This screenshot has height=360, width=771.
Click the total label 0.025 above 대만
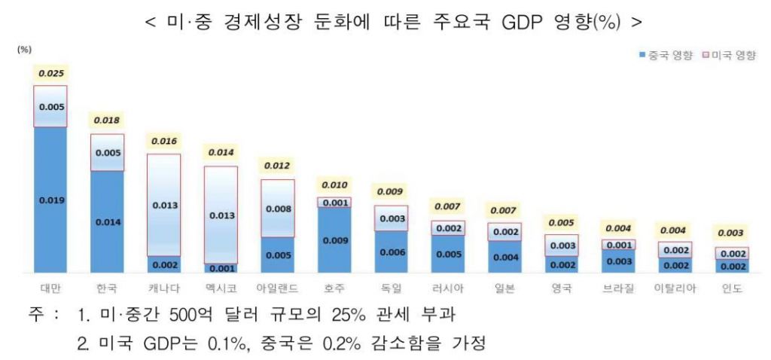[51, 73]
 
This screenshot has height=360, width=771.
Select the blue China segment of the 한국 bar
[107, 221]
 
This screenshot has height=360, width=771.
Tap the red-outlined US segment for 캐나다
[163, 205]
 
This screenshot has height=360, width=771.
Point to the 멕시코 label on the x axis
[220, 288]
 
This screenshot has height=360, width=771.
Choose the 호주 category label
[334, 288]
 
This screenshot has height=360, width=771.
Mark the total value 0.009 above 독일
[390, 191]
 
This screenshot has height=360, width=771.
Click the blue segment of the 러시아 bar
[448, 254]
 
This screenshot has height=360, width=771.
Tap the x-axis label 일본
[504, 288]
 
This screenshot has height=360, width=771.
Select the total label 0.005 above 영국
[561, 223]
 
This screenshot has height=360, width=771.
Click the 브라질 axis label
[618, 288]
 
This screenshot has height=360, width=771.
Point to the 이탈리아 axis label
[674, 288]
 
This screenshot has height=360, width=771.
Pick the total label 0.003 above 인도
[730, 233]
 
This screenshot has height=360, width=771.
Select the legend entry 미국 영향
[729, 56]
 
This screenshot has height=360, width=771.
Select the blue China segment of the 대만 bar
[51, 200]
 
